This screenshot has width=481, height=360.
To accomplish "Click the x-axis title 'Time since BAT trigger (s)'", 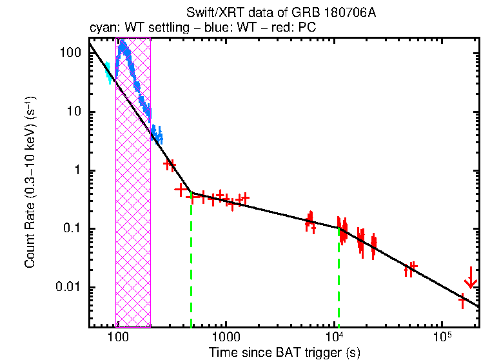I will click(284, 353).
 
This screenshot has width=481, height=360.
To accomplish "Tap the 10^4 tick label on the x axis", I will click(334, 337).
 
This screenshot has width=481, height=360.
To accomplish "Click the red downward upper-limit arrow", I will click(471, 279).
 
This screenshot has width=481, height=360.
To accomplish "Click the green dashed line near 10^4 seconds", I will click(339, 277).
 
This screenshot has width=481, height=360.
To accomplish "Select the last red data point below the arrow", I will click(462, 299).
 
